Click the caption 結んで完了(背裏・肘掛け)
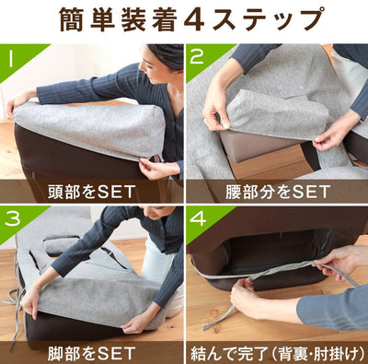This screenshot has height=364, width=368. click(x=276, y=351)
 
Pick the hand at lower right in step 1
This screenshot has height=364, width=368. click(x=156, y=169)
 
